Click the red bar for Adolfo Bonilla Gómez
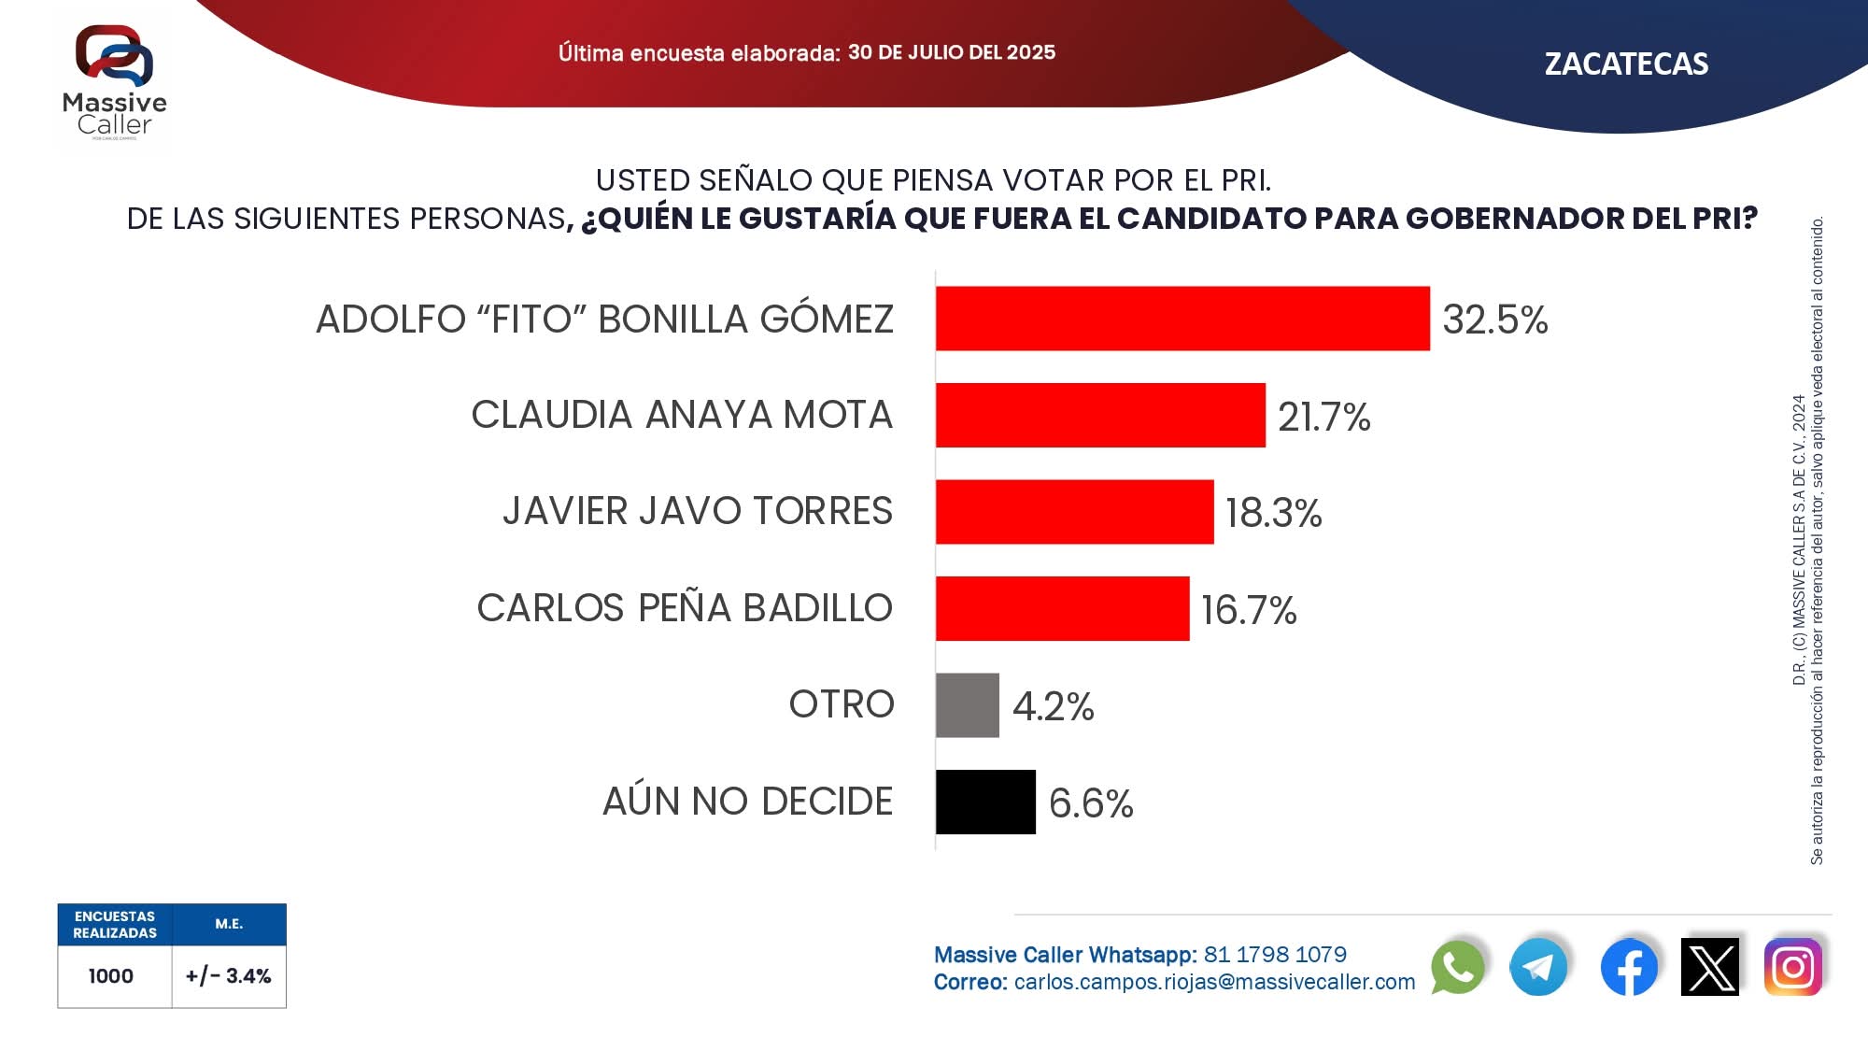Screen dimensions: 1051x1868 [x=1182, y=319]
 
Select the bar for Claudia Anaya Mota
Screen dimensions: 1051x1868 [x=1100, y=415]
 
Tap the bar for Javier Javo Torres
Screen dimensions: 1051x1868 [x=1074, y=512]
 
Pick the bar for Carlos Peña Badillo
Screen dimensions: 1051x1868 [x=1062, y=608]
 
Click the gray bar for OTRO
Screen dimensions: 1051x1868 [x=968, y=705]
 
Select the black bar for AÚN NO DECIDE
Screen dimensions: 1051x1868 [x=985, y=802]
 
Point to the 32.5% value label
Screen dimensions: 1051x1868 [x=1494, y=320]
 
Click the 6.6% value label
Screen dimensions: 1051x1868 [x=1091, y=802]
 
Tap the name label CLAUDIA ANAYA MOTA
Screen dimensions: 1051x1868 [x=682, y=415]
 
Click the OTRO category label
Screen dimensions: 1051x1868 [x=842, y=704]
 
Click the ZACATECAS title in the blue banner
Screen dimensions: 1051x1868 [x=1626, y=64]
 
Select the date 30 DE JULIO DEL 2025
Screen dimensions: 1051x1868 [x=952, y=52]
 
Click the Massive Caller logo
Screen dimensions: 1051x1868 [x=114, y=82]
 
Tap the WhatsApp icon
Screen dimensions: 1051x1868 [x=1457, y=967]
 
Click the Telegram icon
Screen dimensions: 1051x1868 [x=1538, y=967]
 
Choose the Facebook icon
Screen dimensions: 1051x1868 [x=1629, y=967]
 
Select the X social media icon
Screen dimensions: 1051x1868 [x=1710, y=967]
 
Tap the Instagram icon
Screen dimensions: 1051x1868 [x=1792, y=967]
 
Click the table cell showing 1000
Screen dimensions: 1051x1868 [x=111, y=976]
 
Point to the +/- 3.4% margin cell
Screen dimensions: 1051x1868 [x=228, y=976]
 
